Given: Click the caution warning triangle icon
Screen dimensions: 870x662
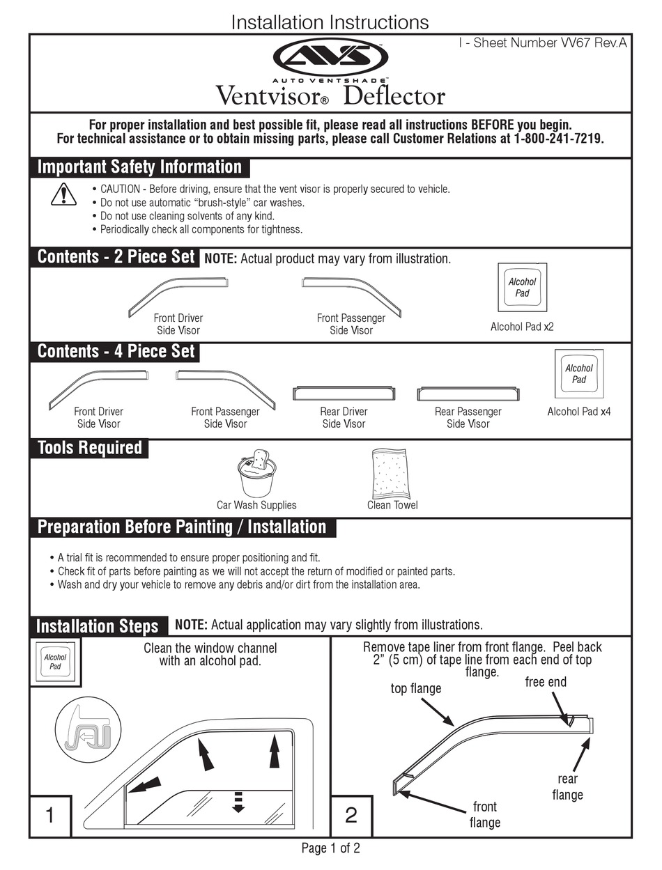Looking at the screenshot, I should pyautogui.click(x=63, y=194).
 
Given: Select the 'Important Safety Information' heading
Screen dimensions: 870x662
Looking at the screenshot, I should pyautogui.click(x=139, y=167).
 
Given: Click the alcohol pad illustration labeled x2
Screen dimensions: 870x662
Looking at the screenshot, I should pyautogui.click(x=522, y=288).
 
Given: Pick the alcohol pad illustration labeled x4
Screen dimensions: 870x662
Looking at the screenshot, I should pyautogui.click(x=578, y=374).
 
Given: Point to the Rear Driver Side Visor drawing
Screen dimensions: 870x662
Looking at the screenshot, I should pyautogui.click(x=344, y=393).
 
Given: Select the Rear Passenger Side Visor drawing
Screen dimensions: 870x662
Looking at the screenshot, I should pyautogui.click(x=468, y=393).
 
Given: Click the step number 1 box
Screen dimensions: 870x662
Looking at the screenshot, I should pyautogui.click(x=49, y=816).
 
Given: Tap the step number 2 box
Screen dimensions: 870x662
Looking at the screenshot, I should pyautogui.click(x=351, y=816).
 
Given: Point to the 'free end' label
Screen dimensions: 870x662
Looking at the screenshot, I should pyautogui.click(x=546, y=682).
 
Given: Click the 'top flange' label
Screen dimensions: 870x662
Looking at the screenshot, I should pyautogui.click(x=415, y=688).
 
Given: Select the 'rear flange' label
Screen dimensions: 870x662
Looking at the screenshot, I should pyautogui.click(x=567, y=787).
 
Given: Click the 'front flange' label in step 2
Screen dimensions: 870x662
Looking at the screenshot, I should pyautogui.click(x=484, y=814).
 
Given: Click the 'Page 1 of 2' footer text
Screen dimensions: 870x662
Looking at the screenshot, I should pyautogui.click(x=330, y=848).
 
